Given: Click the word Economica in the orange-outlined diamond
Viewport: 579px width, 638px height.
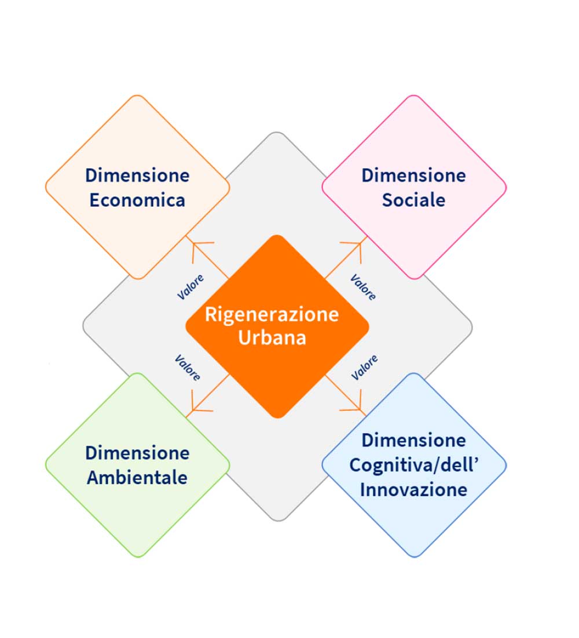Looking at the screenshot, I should [x=137, y=200].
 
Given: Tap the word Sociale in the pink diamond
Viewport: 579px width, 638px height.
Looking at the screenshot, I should [x=413, y=200].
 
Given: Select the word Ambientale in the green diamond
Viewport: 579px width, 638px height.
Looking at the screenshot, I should [x=137, y=478].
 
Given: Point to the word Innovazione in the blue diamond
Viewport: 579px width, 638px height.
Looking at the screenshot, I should [x=413, y=490].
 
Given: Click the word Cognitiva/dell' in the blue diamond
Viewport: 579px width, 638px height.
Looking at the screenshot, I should [x=413, y=465].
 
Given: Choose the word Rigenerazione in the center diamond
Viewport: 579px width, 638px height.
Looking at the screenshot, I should [x=272, y=314].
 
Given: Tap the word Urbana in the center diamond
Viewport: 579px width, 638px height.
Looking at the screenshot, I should [x=272, y=338].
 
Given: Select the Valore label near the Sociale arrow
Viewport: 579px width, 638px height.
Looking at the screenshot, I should [x=363, y=287].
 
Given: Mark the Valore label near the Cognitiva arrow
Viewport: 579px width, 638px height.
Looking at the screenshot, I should [x=365, y=368].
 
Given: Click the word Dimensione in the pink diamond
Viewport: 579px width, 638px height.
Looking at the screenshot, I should [x=413, y=175].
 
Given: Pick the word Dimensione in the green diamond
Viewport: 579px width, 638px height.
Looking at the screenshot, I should [x=137, y=453].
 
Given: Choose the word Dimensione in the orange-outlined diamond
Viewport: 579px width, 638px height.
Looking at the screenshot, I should [x=137, y=175].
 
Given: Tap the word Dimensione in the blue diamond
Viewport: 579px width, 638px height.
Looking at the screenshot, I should [x=413, y=440].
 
